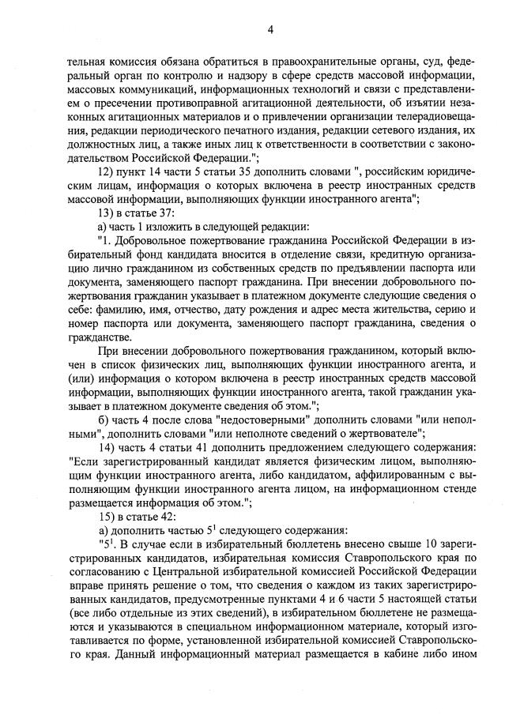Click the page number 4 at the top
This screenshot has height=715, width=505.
tap(270, 30)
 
